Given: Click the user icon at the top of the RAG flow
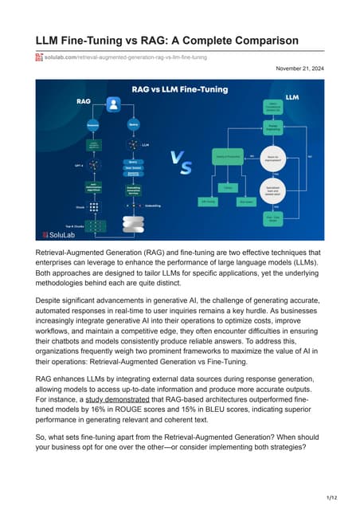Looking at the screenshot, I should [113, 104].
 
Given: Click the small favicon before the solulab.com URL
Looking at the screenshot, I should [38, 57].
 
